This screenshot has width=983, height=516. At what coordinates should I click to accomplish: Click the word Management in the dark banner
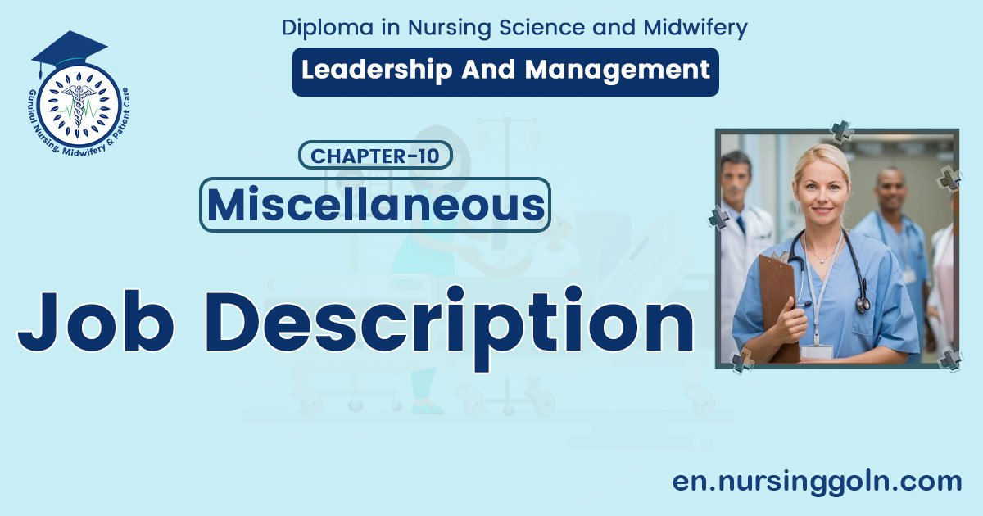click(617, 70)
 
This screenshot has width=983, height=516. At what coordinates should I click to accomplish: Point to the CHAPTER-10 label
click(376, 156)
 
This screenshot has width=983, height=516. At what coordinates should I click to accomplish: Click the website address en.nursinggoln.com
click(817, 481)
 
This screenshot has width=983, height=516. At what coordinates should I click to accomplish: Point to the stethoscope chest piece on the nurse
click(863, 305)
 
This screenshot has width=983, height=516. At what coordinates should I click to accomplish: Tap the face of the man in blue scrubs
click(890, 191)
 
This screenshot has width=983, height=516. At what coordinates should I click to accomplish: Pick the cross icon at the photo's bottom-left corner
click(742, 361)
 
